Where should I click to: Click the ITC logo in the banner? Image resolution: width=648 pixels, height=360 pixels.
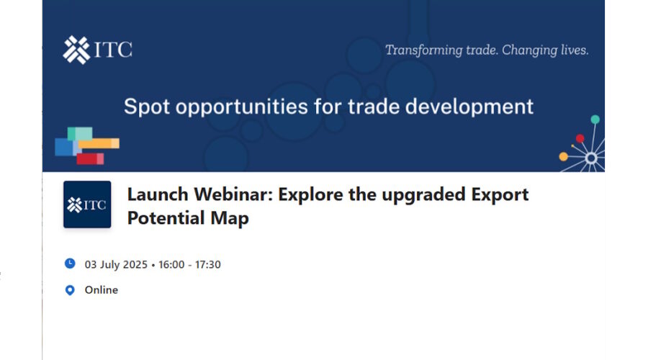point(97,50)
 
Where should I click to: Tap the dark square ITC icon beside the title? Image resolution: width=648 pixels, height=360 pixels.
point(87,204)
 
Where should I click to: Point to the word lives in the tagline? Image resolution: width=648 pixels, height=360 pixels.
point(575,50)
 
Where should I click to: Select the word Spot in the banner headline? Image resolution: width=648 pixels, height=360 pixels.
point(147,107)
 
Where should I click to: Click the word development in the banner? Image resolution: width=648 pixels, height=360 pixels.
point(469,107)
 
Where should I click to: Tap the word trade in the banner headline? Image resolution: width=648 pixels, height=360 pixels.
point(373,107)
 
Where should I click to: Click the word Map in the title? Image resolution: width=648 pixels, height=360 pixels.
point(230,219)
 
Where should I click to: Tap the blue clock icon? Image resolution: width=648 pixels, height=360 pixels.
point(70,264)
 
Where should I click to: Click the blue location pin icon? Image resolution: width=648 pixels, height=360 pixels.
point(70,290)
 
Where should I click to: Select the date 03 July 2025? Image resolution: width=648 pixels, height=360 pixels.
point(116,264)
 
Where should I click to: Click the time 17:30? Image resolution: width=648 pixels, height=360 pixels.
point(207,264)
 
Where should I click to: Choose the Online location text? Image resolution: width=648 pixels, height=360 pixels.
point(102,289)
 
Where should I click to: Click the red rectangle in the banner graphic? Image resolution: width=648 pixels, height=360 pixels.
point(90,158)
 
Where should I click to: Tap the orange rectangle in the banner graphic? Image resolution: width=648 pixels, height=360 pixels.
point(99,143)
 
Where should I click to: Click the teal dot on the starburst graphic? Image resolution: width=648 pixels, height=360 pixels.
point(595,120)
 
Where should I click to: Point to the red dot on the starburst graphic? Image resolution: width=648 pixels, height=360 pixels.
point(580,138)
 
